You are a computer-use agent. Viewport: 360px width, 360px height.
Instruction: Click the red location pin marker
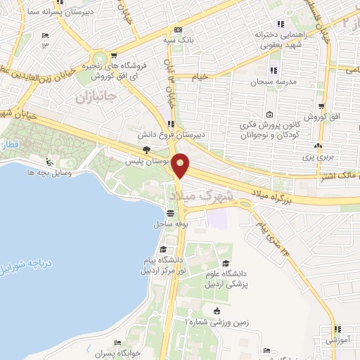point(181,165)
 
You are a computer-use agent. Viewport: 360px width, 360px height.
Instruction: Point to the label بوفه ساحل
point(169,225)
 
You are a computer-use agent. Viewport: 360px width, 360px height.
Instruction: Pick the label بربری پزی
point(317,158)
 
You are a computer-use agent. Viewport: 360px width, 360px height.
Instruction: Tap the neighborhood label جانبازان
point(93,96)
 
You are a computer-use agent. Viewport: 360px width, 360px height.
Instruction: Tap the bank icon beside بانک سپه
point(178,30)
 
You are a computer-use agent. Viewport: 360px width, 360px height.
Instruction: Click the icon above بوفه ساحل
point(170,213)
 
